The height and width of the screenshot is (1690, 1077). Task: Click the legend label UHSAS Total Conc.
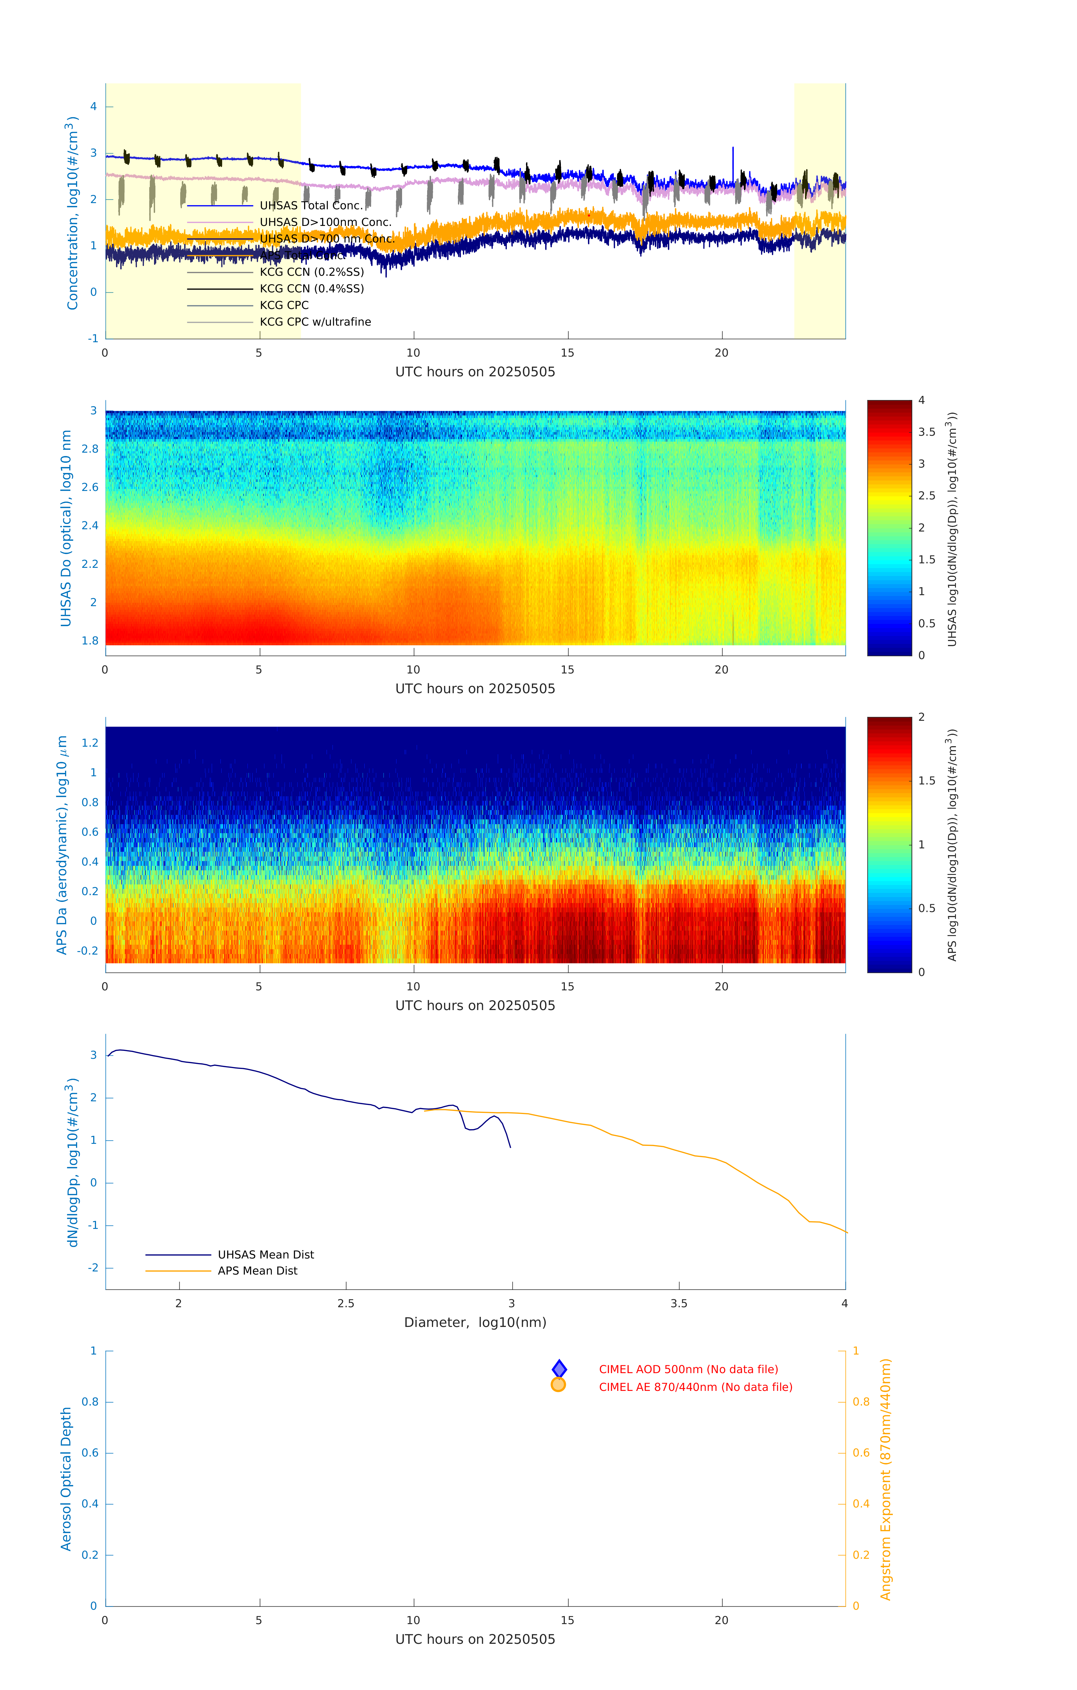tap(311, 206)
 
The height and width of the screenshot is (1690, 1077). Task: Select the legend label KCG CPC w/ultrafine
tap(315, 322)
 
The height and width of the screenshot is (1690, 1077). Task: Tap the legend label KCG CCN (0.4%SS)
tap(311, 288)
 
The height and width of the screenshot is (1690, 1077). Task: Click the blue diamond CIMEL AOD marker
tap(559, 1369)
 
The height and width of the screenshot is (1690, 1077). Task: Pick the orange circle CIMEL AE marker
tap(559, 1385)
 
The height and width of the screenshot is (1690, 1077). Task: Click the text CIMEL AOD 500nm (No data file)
tap(688, 1369)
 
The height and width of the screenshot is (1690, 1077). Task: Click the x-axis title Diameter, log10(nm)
tap(475, 1322)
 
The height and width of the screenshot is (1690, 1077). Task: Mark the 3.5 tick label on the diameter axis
tap(679, 1303)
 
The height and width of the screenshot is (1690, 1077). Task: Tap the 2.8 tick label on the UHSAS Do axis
tap(90, 449)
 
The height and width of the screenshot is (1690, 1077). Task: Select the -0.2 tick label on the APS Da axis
tap(88, 951)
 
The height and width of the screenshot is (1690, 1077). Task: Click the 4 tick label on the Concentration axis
tap(93, 107)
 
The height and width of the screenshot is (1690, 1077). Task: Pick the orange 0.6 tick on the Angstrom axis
tap(861, 1453)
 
